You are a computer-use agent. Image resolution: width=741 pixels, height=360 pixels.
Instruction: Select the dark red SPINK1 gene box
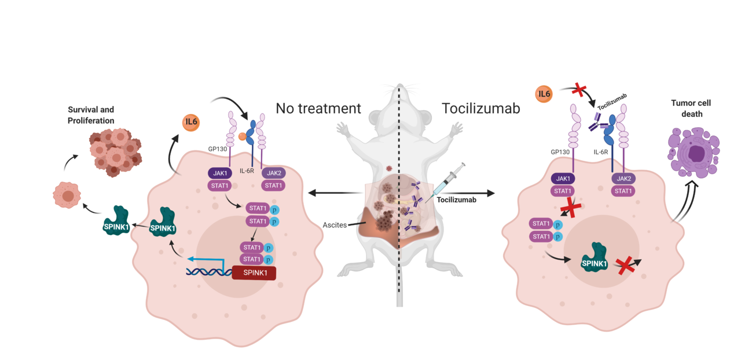(254, 273)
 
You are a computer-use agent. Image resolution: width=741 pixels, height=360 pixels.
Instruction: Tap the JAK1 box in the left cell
(220, 173)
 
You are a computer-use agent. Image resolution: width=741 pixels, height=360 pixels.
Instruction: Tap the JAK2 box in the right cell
(623, 179)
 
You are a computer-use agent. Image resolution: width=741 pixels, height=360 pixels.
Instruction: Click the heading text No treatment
(318, 108)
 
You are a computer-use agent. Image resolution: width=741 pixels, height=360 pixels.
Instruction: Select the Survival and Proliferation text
(91, 115)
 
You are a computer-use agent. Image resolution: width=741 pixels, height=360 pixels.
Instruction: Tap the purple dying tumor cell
(694, 152)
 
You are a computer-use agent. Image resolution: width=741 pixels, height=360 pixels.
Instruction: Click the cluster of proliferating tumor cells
(115, 152)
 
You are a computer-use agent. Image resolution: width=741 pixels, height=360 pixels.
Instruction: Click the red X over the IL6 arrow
(577, 90)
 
